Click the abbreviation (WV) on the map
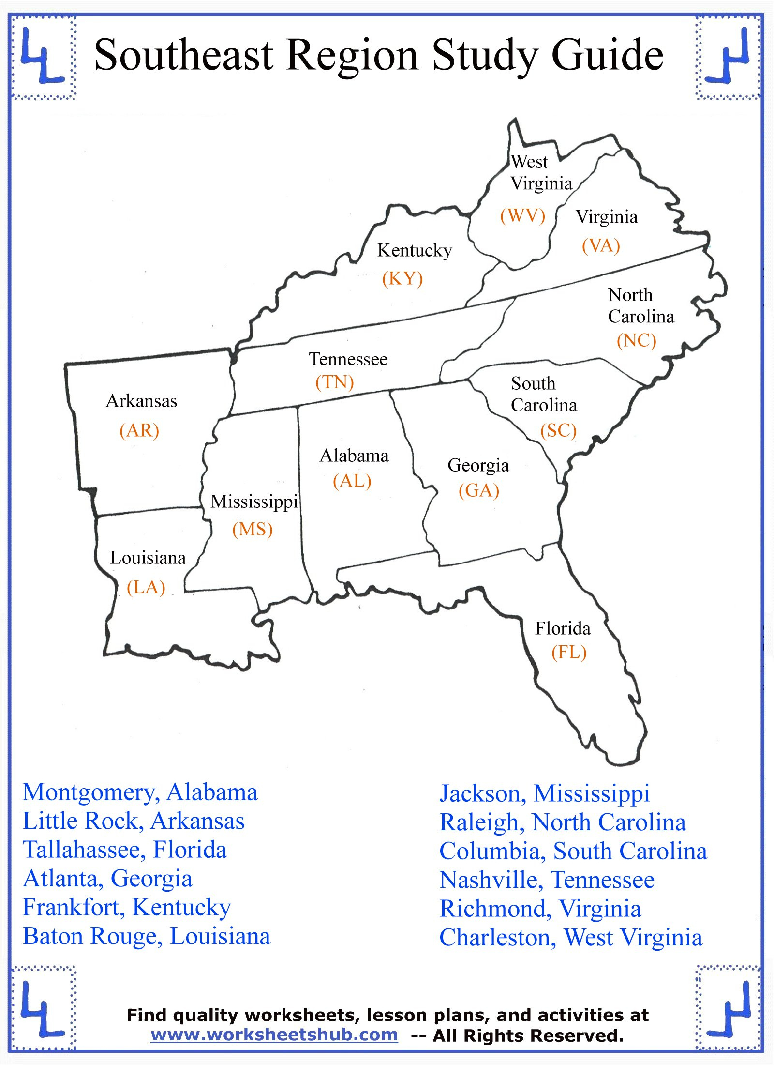click(x=522, y=215)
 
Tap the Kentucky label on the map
click(x=415, y=251)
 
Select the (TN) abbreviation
click(x=335, y=382)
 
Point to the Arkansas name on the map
click(x=141, y=401)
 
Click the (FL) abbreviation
click(x=569, y=653)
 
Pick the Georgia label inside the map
click(x=478, y=466)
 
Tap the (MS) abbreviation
click(x=253, y=529)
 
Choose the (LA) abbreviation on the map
click(x=146, y=587)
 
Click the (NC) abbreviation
click(x=637, y=340)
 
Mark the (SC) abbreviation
click(x=558, y=430)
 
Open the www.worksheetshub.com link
click(x=274, y=1035)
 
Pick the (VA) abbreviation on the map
click(x=601, y=245)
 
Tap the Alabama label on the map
click(x=354, y=456)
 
